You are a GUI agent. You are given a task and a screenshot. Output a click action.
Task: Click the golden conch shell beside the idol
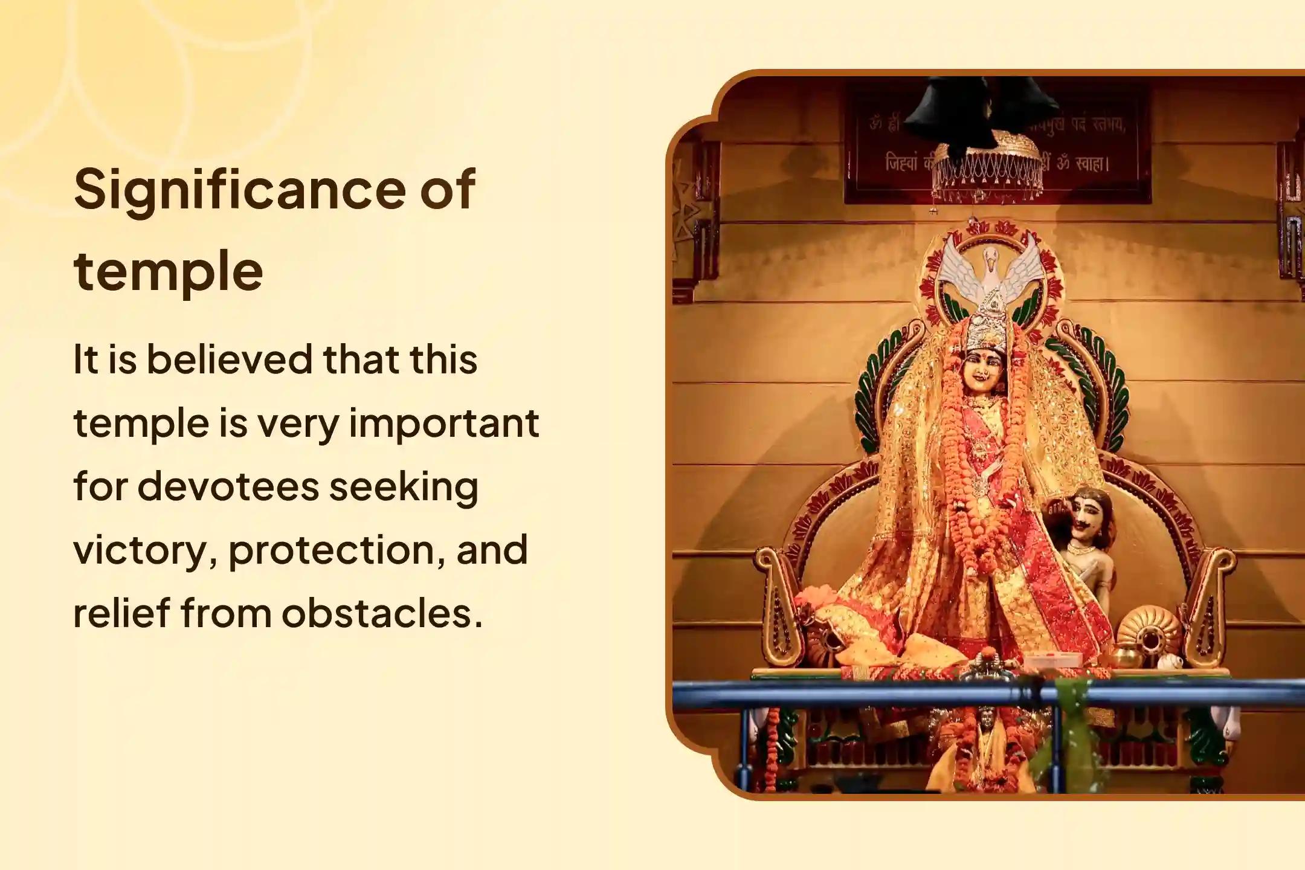pos(1145,637)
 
